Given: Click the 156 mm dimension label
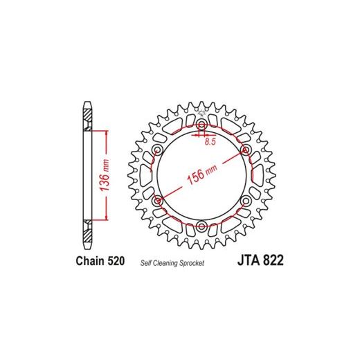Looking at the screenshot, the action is [x=202, y=174].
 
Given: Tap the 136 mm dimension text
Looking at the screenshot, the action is [x=105, y=175].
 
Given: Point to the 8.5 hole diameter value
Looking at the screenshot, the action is [x=210, y=141].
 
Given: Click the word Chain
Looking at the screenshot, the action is [x=90, y=261].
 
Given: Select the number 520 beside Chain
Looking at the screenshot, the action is [x=116, y=261].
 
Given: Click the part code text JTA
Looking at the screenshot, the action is [x=249, y=260].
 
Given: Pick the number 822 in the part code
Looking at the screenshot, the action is [x=273, y=260].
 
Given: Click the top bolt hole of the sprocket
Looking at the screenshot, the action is [x=201, y=125].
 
